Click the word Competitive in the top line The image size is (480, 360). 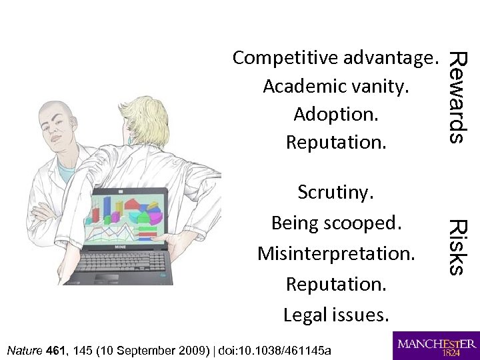coord(286,59)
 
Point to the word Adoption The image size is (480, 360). coord(336,114)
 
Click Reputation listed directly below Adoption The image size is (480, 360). coord(336,142)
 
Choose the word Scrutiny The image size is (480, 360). coord(336,193)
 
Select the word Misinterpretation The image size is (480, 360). coord(336,253)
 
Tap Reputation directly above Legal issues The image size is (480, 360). coord(336,284)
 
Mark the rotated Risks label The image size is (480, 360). coord(457,247)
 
